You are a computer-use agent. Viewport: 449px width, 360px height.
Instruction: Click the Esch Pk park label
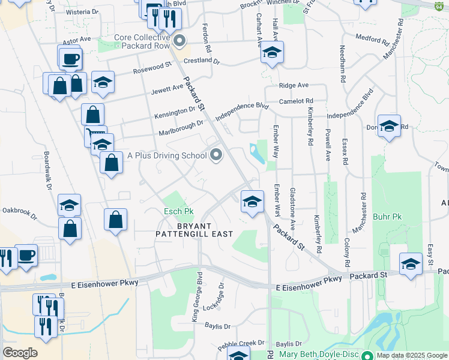179,212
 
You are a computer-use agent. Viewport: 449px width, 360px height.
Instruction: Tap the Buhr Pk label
387,217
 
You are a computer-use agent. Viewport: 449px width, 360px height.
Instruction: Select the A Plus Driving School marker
215,155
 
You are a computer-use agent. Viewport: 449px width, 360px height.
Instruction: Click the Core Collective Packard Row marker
180,41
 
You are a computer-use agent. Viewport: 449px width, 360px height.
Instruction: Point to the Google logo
20,352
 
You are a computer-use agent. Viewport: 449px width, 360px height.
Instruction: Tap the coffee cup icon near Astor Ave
70,59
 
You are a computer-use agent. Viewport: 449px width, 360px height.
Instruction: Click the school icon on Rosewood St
103,82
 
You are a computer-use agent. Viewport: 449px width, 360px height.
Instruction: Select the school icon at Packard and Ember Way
252,201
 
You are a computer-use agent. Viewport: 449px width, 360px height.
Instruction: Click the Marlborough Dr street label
181,127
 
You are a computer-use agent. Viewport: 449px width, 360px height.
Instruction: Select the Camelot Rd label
296,101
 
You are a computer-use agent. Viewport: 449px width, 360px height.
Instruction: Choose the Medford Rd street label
372,40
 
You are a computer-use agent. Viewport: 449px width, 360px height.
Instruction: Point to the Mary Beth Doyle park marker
367,355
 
